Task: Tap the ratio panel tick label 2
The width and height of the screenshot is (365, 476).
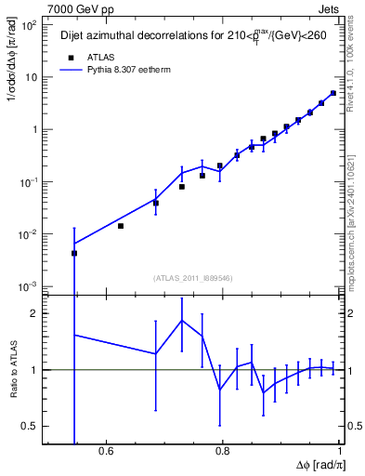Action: [34, 313]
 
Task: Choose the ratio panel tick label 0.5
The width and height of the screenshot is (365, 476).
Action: [30, 426]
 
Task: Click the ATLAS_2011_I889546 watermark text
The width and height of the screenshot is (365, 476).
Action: [191, 277]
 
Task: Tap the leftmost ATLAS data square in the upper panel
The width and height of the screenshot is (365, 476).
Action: [74, 253]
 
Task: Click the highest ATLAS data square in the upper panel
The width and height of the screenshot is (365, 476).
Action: [333, 93]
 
